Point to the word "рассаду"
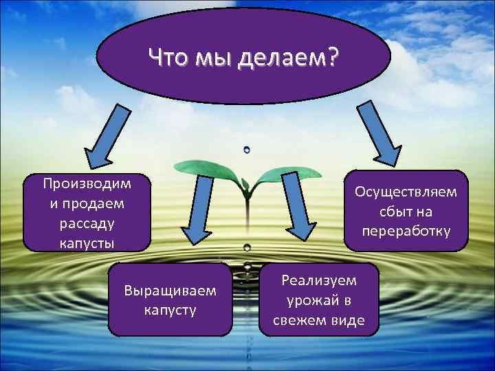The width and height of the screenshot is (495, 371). pos(87,223)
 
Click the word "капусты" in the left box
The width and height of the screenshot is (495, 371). pos(87,243)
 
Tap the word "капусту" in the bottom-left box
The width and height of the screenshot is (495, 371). pos(170,310)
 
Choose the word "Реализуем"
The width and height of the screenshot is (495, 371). pos(318,280)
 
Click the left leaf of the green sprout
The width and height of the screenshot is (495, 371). pos(206,167)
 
